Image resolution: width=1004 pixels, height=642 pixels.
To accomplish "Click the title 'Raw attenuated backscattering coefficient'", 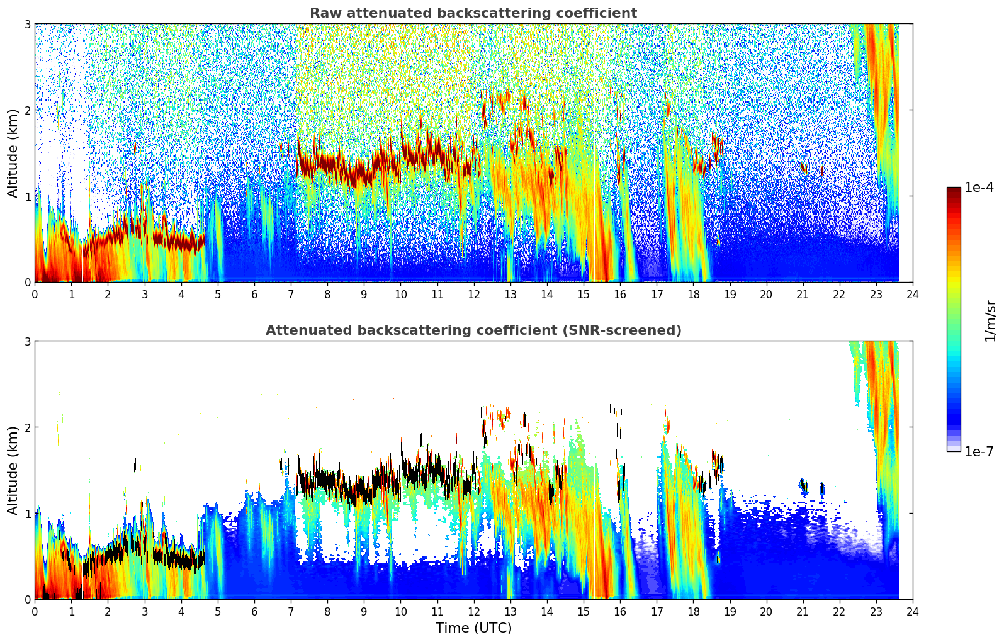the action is (473, 13).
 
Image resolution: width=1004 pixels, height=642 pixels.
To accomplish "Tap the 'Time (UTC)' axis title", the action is (473, 628).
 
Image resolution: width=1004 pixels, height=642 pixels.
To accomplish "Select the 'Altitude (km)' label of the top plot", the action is (13, 154).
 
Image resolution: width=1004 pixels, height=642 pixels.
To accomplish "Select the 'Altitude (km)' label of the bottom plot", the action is (13, 470).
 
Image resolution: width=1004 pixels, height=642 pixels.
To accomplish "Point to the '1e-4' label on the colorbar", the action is (979, 188).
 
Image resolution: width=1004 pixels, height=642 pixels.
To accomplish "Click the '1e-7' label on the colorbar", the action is (979, 451).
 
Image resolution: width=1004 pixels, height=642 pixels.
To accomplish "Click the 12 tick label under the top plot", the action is (474, 295).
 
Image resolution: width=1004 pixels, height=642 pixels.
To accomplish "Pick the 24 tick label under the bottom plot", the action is (913, 612).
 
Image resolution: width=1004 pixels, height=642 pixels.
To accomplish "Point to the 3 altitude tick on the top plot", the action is (27, 24).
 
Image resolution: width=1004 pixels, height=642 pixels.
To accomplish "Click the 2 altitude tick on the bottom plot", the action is (27, 427).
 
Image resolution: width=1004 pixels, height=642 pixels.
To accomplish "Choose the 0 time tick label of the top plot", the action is (35, 295).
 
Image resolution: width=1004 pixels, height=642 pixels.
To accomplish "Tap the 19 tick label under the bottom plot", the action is (730, 612).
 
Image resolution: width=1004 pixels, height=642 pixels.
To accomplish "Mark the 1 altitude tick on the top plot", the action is (27, 196).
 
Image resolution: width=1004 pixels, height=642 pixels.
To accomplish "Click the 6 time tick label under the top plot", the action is (254, 295).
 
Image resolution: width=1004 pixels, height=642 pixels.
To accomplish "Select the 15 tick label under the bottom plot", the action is (584, 612).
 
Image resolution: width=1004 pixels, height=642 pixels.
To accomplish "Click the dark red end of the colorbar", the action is (954, 190).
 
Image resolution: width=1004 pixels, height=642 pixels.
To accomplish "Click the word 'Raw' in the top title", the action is (326, 13).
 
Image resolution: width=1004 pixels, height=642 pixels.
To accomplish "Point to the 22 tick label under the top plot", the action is (840, 295).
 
